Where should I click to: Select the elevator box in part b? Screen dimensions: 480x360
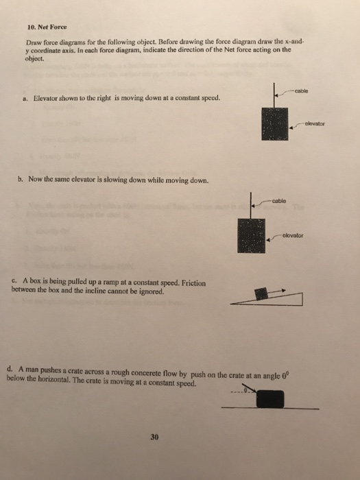click(x=250, y=236)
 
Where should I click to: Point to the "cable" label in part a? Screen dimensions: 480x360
click(x=302, y=91)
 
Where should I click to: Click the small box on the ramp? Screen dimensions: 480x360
click(x=261, y=293)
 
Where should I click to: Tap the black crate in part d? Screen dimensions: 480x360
click(x=272, y=399)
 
